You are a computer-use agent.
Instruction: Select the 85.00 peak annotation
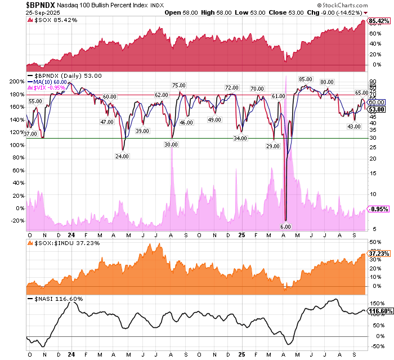pos(306,79)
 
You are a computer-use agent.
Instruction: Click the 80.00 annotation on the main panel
pos(327,82)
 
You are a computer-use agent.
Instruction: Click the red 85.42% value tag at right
pos(379,21)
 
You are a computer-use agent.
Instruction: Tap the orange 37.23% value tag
pos(379,254)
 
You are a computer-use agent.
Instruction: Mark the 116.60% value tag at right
pos(380,310)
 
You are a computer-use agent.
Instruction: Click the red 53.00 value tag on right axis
pos(377,109)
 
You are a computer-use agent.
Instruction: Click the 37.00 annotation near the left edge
pos(30,134)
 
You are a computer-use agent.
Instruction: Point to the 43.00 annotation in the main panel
pos(353,127)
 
